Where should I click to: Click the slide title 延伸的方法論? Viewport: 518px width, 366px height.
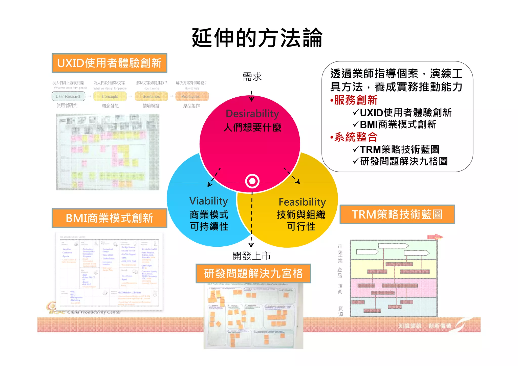[x=257, y=38]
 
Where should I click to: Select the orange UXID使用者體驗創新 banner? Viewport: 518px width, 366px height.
[x=109, y=63]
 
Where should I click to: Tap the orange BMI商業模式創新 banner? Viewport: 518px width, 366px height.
[x=109, y=218]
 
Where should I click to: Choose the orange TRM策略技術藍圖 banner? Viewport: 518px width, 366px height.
[x=397, y=214]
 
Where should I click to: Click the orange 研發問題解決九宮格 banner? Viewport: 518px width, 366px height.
[x=253, y=273]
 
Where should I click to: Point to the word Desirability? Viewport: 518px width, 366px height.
[x=252, y=114]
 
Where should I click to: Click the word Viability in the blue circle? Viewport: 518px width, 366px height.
[x=209, y=201]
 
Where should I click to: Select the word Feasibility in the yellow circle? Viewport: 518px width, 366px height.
[x=302, y=202]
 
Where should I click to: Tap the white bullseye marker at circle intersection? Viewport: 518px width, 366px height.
[x=252, y=181]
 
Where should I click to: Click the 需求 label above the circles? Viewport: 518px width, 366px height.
[x=252, y=77]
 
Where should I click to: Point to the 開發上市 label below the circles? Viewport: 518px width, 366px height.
[x=251, y=256]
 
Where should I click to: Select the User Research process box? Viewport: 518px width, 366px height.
[x=69, y=96]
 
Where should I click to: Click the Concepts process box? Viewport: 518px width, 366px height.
[x=110, y=96]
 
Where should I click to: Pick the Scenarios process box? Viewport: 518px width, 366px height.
[x=151, y=96]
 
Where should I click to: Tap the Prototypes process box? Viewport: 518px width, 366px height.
[x=192, y=96]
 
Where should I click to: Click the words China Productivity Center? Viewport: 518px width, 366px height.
[x=94, y=312]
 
